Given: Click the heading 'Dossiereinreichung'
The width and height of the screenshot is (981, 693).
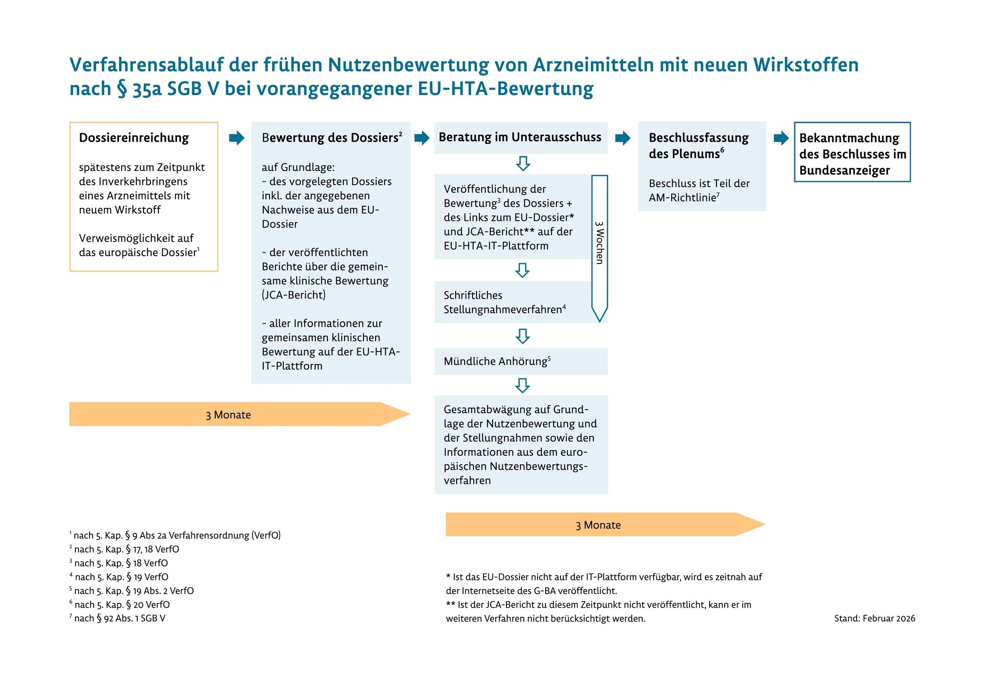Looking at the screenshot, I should coord(134,138).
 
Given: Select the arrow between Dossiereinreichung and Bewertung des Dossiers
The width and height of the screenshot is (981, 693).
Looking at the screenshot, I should coord(236,138).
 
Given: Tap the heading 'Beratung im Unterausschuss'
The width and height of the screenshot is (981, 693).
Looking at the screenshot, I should coord(520,137).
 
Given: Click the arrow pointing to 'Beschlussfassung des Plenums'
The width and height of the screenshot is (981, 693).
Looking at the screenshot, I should coord(623,138).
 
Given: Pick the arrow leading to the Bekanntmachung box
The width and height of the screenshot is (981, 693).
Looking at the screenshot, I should coord(781,138).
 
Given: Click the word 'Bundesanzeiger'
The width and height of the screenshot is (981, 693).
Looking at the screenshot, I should coord(844,170).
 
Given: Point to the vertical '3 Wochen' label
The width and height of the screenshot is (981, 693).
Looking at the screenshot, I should coord(600,243).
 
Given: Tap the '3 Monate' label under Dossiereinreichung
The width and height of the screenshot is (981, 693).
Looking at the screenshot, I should coord(228,414).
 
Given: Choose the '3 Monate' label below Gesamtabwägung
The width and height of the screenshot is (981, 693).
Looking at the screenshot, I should coord(598,525).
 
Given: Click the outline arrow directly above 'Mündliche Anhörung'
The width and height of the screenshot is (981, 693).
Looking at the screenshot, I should coord(522,336).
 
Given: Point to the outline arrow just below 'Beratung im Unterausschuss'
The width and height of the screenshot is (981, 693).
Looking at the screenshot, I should coord(523,163).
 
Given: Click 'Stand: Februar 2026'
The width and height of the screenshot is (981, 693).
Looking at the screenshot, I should coord(874,618).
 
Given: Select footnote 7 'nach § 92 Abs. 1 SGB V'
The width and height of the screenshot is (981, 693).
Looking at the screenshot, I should coord(119,618).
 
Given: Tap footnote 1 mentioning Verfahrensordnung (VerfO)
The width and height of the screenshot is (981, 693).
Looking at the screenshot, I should coord(176,535).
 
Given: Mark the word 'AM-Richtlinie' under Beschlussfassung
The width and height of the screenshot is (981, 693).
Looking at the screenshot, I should coord(682,197).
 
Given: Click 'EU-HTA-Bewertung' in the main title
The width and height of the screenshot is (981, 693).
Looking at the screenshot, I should coord(506,89).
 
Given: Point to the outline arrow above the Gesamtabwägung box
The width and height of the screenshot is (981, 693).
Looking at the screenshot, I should coord(522,385).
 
